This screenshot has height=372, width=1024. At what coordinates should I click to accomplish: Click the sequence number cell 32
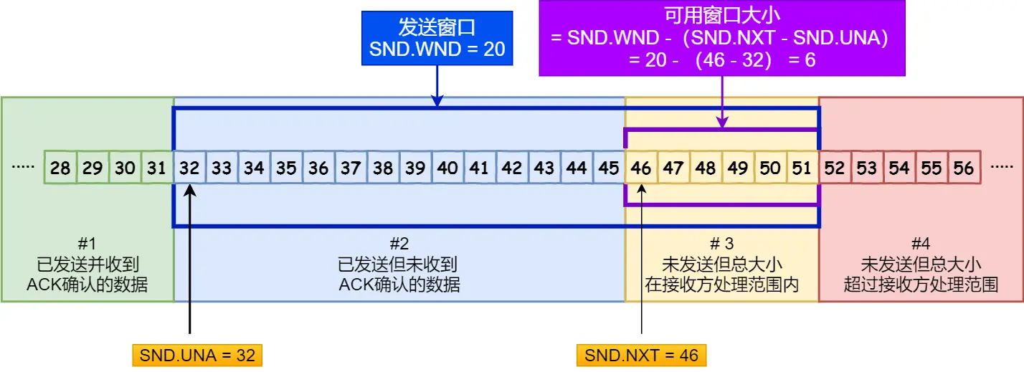pos(189,168)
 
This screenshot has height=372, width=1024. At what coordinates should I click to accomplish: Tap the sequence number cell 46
pos(642,168)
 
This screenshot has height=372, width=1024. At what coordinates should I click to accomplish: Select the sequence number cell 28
pos(60,168)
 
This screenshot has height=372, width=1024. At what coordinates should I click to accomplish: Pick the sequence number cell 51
pos(802,168)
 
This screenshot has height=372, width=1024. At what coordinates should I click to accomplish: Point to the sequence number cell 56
pos(964,168)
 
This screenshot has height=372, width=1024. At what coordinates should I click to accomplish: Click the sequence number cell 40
pos(447,168)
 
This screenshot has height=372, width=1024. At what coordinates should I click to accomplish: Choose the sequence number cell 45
pos(609,168)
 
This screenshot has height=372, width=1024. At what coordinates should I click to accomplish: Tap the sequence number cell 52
pos(835,168)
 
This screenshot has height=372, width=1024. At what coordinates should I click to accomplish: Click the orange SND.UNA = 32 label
pos(197,356)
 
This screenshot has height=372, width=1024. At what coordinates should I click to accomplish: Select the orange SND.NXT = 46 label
pos(642,356)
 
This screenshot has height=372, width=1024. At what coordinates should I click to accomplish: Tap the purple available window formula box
pos(721,38)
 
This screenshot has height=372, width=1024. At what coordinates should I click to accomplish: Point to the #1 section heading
pos(87,244)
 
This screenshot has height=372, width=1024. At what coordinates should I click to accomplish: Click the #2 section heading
pos(399,244)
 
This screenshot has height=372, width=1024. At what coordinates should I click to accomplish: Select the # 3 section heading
pos(721,244)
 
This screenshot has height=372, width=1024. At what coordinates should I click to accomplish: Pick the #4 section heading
pos(921,244)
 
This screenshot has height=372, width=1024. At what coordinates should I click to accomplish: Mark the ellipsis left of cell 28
pos(24,168)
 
